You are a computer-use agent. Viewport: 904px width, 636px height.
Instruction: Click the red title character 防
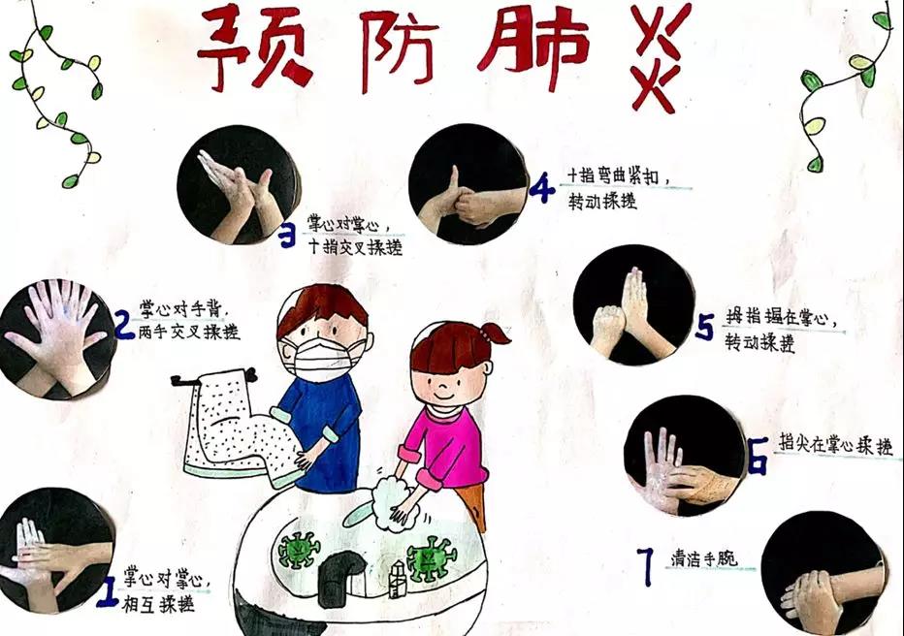point(397,50)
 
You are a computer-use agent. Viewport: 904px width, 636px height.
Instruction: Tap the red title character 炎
point(659,56)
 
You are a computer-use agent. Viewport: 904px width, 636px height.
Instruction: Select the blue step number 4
point(541,189)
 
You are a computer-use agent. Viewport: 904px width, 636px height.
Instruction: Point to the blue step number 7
point(647,566)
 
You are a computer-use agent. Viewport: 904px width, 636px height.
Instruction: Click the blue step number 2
point(124,326)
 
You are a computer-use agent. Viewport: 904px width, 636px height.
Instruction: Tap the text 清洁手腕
point(703,558)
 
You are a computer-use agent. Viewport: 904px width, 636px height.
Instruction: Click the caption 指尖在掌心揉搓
point(836,444)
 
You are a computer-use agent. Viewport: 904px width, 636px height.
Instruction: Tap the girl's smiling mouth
point(442,396)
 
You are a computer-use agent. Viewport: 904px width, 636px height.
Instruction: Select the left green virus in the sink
point(299,549)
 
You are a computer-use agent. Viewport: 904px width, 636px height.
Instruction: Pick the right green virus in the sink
point(432,558)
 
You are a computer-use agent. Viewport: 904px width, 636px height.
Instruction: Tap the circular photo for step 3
point(238,184)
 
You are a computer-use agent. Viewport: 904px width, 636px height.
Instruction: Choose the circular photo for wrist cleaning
point(823,574)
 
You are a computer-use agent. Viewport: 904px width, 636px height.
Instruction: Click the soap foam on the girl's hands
point(395,501)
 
